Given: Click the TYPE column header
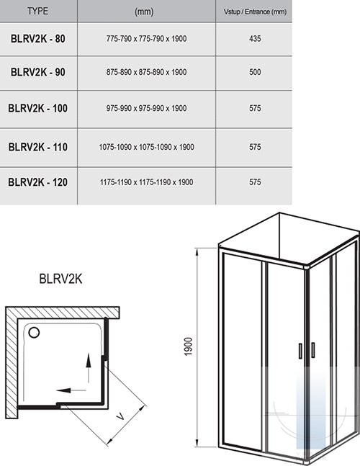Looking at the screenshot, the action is pos(37,12).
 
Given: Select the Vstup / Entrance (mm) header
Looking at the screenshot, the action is pos(255,12).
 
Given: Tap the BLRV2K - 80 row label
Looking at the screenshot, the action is pos(37,39).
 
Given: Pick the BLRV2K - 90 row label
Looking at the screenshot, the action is pos(37,72).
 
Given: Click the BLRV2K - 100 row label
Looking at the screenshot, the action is pos(37,108).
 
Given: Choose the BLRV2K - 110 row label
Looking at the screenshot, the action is pos(37,147).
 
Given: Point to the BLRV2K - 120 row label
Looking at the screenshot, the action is pos(37,182).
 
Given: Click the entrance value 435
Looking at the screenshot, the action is pos(255,39).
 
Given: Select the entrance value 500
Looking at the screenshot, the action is pos(255,72).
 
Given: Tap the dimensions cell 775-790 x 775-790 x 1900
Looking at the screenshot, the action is pos(146,39).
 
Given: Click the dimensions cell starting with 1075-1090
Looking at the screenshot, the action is pos(146,147).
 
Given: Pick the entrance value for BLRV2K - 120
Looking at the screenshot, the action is pos(255,182).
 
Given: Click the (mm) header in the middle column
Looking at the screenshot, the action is pos(144,12).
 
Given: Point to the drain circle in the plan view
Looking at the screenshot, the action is pos(34,333).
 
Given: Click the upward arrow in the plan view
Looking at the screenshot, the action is pos(89,368).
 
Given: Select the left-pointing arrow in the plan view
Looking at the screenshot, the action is pos(71,390).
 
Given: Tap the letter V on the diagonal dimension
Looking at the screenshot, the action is pos(120,416).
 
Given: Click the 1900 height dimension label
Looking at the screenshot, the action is pos(189,346).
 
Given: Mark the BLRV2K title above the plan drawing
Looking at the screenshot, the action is pos(60,279).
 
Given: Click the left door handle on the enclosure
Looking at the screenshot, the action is pos(300,351).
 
